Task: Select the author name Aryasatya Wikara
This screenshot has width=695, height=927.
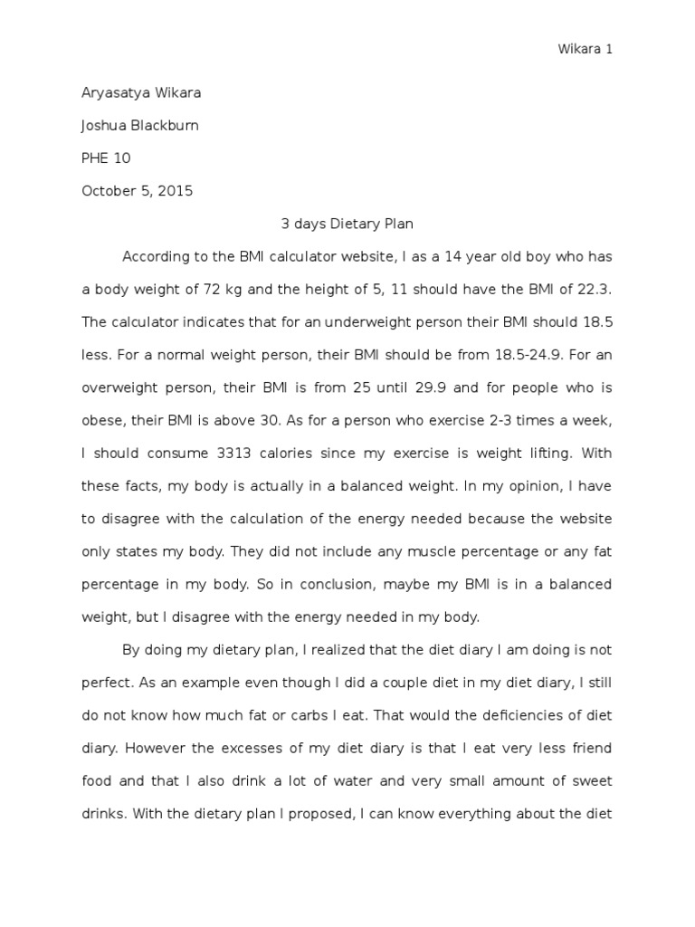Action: pos(141,93)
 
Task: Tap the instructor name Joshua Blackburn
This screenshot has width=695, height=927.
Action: pos(140,126)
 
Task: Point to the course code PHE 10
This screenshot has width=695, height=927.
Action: pos(106,158)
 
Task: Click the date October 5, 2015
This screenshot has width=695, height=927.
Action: pos(137,191)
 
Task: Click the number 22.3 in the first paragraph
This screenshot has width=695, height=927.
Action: pos(595,289)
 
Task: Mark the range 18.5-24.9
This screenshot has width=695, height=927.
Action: pos(469,354)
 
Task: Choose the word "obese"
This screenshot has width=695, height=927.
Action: pos(101,419)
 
